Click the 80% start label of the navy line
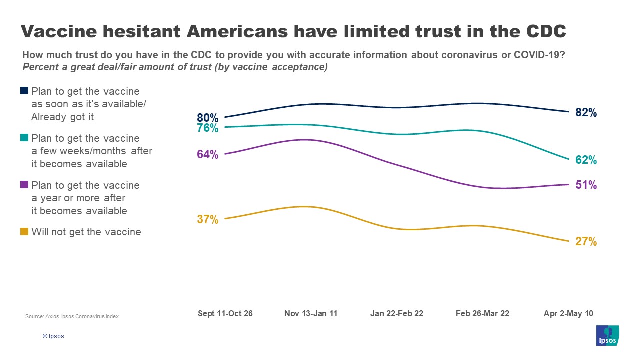pyautogui.click(x=207, y=118)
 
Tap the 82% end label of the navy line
pyautogui.click(x=586, y=113)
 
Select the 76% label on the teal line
pyautogui.click(x=207, y=128)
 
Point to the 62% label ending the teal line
pyautogui.click(x=586, y=160)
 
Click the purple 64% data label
pyautogui.click(x=207, y=155)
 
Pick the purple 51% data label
pyautogui.click(x=586, y=185)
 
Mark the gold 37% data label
pyautogui.click(x=207, y=219)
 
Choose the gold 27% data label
pyautogui.click(x=586, y=242)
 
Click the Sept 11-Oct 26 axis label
pyautogui.click(x=225, y=314)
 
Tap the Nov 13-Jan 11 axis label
pyautogui.click(x=311, y=314)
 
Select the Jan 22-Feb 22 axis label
pyautogui.click(x=397, y=314)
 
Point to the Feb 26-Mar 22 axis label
pyautogui.click(x=482, y=314)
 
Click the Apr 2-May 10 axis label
pyautogui.click(x=568, y=314)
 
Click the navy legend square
pyautogui.click(x=24, y=91)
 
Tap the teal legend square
pyautogui.click(x=24, y=138)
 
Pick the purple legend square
pyautogui.click(x=24, y=185)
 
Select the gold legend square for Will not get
pyautogui.click(x=24, y=232)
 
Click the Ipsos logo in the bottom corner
pyautogui.click(x=608, y=335)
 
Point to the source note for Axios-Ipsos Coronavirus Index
pyautogui.click(x=72, y=317)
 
